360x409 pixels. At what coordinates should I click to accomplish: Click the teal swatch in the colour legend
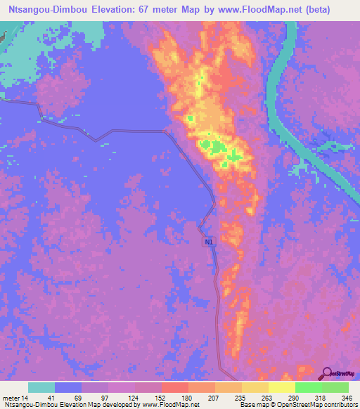[41, 387]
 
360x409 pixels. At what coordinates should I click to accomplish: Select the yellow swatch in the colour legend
[281, 387]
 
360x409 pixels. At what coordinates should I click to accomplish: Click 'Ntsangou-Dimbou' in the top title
[48, 9]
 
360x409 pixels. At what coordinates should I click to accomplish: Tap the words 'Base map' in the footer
[252, 405]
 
